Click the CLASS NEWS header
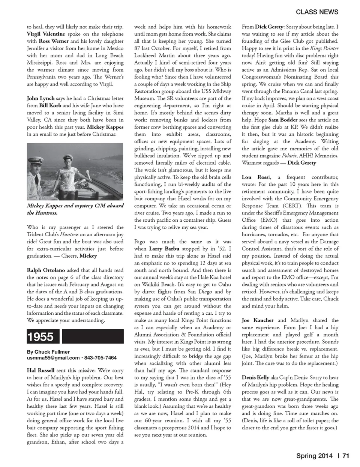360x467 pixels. coord(317,12)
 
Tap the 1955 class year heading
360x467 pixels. coord(41,337)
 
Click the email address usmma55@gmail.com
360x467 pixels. coord(53,358)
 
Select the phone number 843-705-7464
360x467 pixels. coord(100,358)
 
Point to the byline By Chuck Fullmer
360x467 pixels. coord(48,352)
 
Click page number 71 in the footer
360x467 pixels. coord(346,456)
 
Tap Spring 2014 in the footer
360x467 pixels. coord(314,456)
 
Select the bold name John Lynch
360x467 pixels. coord(40,99)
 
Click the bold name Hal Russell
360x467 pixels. coord(40,370)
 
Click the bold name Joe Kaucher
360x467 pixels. coord(258,320)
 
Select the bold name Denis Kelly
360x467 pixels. coord(255,378)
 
